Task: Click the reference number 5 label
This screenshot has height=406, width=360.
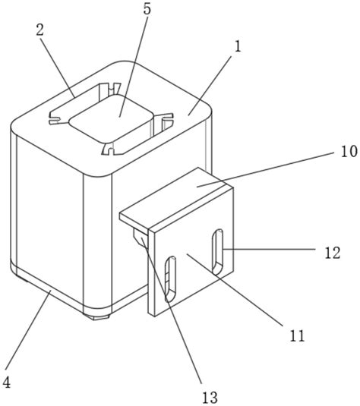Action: (147, 9)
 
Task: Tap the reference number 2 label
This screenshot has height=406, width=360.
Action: (40, 30)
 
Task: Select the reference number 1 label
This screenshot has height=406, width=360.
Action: (238, 46)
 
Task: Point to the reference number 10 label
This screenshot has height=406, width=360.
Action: (349, 152)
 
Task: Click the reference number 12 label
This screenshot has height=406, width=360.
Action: (333, 253)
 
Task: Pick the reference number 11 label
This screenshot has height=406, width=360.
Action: (297, 336)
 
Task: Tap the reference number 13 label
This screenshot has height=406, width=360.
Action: (210, 397)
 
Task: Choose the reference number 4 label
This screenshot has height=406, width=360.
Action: (6, 382)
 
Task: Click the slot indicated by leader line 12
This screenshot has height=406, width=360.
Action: (217, 252)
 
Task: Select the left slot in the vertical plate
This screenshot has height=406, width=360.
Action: (170, 279)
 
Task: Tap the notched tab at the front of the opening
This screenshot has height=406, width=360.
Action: (109, 149)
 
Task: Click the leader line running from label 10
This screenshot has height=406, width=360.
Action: (265, 169)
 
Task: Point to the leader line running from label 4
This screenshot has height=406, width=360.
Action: (27, 329)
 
